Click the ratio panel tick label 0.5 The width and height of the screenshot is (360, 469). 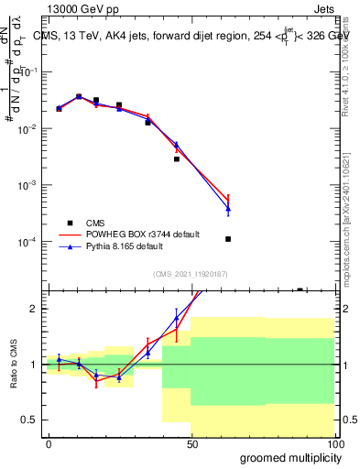(x=29, y=420)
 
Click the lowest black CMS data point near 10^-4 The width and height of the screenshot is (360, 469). (x=228, y=239)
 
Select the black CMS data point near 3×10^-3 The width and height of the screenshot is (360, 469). (x=177, y=158)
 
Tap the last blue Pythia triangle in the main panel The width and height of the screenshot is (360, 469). (x=228, y=209)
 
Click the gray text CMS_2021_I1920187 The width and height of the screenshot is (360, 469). (x=190, y=273)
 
